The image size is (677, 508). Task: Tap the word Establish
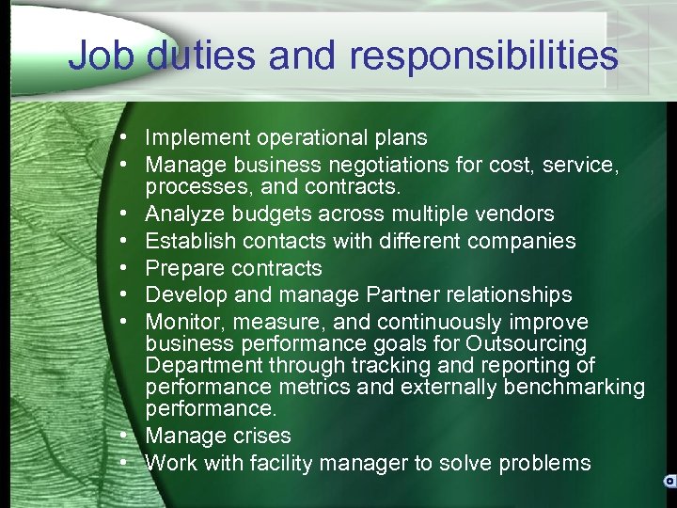[x=188, y=241]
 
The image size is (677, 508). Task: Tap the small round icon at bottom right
[x=668, y=480]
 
